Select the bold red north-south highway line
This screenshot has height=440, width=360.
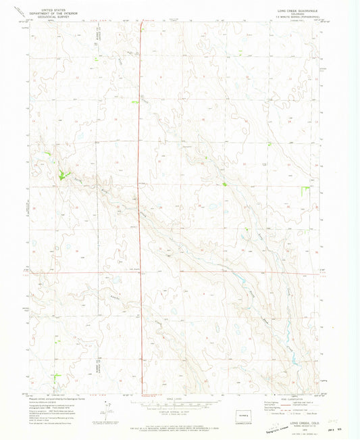point(140,203)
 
